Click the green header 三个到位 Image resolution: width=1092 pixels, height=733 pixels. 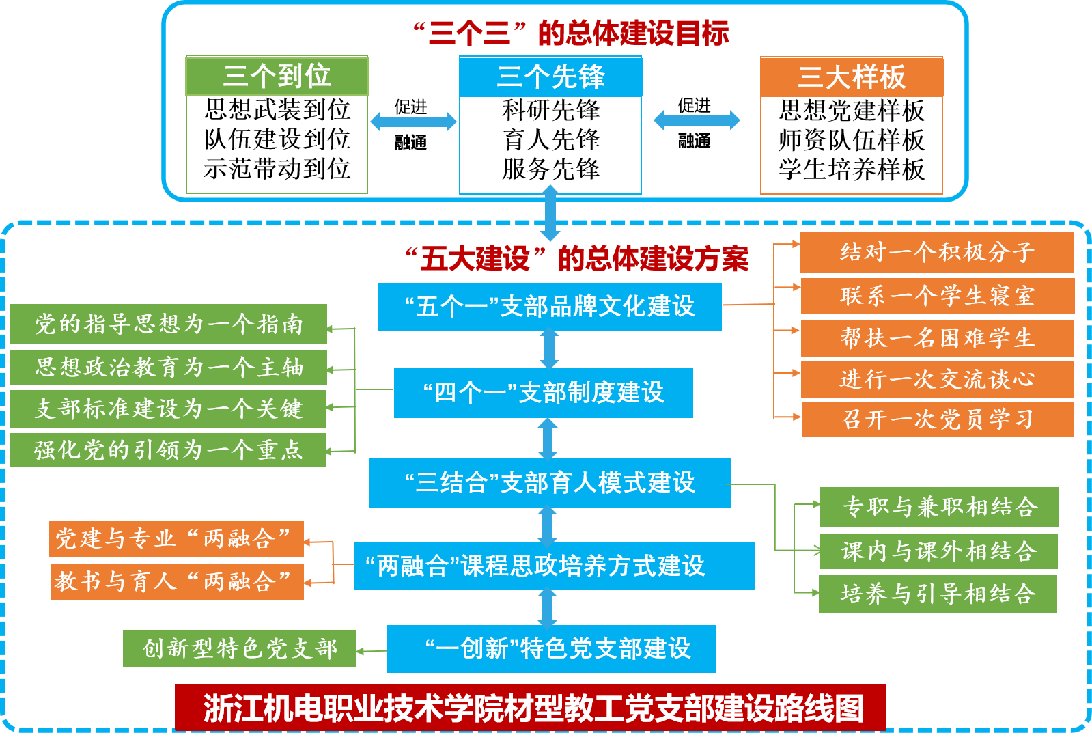pyautogui.click(x=277, y=76)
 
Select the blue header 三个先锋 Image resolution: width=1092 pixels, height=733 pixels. pyautogui.click(x=550, y=77)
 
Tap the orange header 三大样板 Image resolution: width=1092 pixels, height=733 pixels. pyautogui.click(x=852, y=77)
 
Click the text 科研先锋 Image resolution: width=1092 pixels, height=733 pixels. pyautogui.click(x=550, y=110)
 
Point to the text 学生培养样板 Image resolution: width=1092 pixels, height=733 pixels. pyautogui.click(x=852, y=169)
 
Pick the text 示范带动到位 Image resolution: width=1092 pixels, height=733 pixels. pyautogui.click(x=277, y=169)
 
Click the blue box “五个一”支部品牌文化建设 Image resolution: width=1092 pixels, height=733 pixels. pyautogui.click(x=550, y=307)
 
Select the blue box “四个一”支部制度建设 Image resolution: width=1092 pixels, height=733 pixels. pyautogui.click(x=543, y=393)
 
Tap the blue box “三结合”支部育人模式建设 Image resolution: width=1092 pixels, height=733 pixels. pyautogui.click(x=550, y=483)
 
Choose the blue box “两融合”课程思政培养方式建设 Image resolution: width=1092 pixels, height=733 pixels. pyautogui.click(x=555, y=566)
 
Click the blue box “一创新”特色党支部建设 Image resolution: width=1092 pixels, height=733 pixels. pyautogui.click(x=551, y=648)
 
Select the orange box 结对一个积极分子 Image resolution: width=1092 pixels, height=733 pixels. pyautogui.click(x=937, y=252)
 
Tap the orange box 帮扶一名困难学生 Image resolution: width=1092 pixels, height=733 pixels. pyautogui.click(x=937, y=337)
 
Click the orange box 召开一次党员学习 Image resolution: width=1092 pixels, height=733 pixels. pyautogui.click(x=937, y=419)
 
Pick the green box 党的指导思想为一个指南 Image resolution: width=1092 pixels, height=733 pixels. pyautogui.click(x=169, y=324)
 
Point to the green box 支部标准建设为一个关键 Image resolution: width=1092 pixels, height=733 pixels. pyautogui.click(x=169, y=409)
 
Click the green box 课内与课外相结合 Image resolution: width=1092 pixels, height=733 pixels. pyautogui.click(x=938, y=551)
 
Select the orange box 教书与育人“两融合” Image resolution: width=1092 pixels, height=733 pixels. pyautogui.click(x=176, y=581)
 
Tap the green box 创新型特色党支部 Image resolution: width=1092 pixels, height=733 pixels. pyautogui.click(x=239, y=648)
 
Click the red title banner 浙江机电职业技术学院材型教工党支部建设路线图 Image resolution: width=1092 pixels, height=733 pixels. pyautogui.click(x=531, y=708)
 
